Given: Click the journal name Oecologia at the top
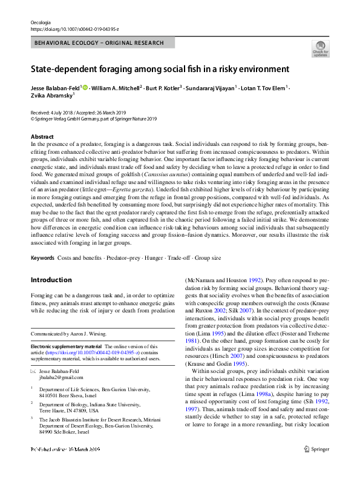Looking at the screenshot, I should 40,22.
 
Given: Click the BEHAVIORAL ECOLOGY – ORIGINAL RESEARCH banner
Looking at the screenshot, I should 99,43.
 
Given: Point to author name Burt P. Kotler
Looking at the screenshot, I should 163,88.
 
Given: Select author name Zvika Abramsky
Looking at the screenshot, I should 52,95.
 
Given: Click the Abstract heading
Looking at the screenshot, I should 42,137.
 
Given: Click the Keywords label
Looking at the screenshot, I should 42,258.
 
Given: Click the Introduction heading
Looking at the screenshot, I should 51,280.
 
